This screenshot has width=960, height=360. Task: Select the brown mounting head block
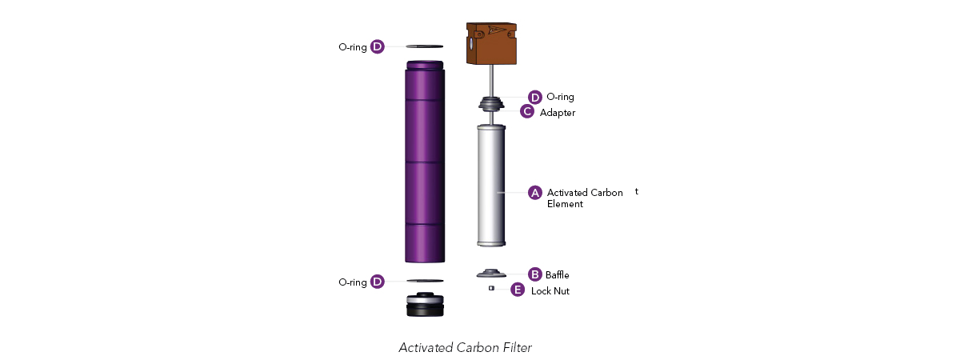492,43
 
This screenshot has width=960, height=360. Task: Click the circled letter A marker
535,192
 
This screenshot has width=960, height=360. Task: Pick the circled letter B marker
535,274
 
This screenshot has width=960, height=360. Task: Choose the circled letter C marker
527,112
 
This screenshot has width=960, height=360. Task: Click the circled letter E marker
518,290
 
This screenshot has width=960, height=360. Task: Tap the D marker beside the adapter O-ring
535,97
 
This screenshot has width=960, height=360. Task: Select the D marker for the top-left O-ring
378,47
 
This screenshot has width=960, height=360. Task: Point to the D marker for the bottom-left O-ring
378,282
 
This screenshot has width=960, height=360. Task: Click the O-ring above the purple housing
425,46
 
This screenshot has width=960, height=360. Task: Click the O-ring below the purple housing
425,281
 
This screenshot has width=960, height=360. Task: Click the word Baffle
558,275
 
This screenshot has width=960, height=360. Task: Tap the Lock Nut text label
550,290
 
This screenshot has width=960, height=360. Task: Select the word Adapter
558,113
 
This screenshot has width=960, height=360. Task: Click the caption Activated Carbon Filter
465,347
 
